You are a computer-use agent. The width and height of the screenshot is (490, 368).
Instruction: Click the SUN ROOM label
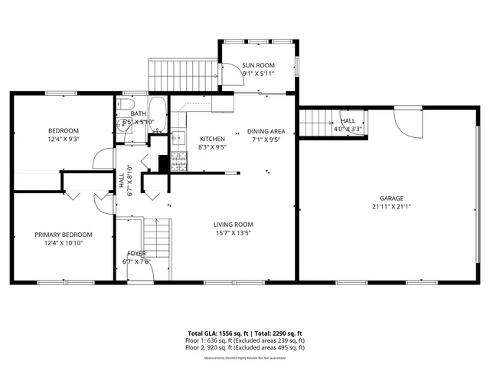[x=258, y=66]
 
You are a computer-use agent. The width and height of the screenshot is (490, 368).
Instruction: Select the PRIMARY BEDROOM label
[x=64, y=235]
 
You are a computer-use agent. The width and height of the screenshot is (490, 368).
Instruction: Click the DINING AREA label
[x=266, y=132]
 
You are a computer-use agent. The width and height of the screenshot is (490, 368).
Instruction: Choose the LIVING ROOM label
[x=232, y=225]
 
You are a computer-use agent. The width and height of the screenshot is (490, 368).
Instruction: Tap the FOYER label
[x=136, y=253]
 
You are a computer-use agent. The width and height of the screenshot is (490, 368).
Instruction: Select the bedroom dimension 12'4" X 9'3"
[x=64, y=140]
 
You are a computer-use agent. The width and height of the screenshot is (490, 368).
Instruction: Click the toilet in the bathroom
[x=127, y=104]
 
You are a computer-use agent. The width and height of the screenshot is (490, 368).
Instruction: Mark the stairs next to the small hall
[x=315, y=122]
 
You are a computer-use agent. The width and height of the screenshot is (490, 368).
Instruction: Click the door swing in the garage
[x=404, y=121]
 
